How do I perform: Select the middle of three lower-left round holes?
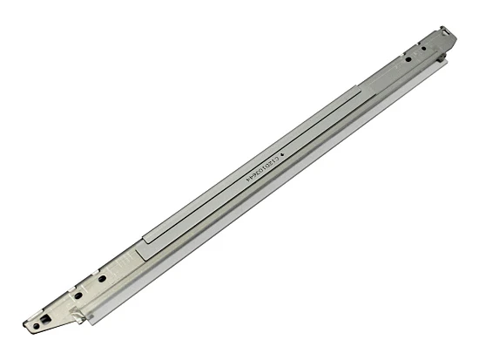(79, 295)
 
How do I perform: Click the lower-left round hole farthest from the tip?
(103, 279)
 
